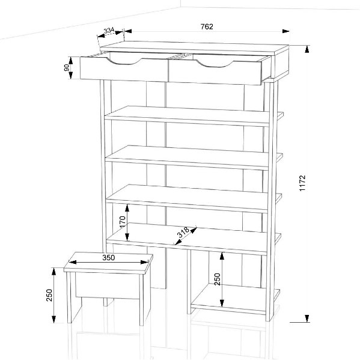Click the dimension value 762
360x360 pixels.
click(x=207, y=26)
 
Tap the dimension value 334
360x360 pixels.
click(x=109, y=30)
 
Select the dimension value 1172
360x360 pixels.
click(x=302, y=183)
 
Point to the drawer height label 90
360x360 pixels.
click(x=67, y=67)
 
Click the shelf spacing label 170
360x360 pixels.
click(x=123, y=222)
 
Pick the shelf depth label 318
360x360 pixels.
click(x=183, y=232)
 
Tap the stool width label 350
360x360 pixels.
click(x=109, y=258)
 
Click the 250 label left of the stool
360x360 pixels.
click(x=49, y=295)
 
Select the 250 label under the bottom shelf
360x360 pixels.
click(x=217, y=279)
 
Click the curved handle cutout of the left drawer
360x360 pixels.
click(x=124, y=63)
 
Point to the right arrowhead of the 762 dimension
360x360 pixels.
click(x=285, y=31)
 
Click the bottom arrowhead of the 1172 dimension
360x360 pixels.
click(x=307, y=319)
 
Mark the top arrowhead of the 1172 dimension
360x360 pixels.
click(x=307, y=49)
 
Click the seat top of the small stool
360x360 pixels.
click(x=108, y=263)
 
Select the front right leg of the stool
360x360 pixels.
click(x=142, y=299)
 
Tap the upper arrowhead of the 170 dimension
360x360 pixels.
click(x=127, y=208)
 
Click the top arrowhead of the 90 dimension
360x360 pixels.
click(x=71, y=61)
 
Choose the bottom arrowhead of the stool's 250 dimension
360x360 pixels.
click(x=53, y=319)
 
